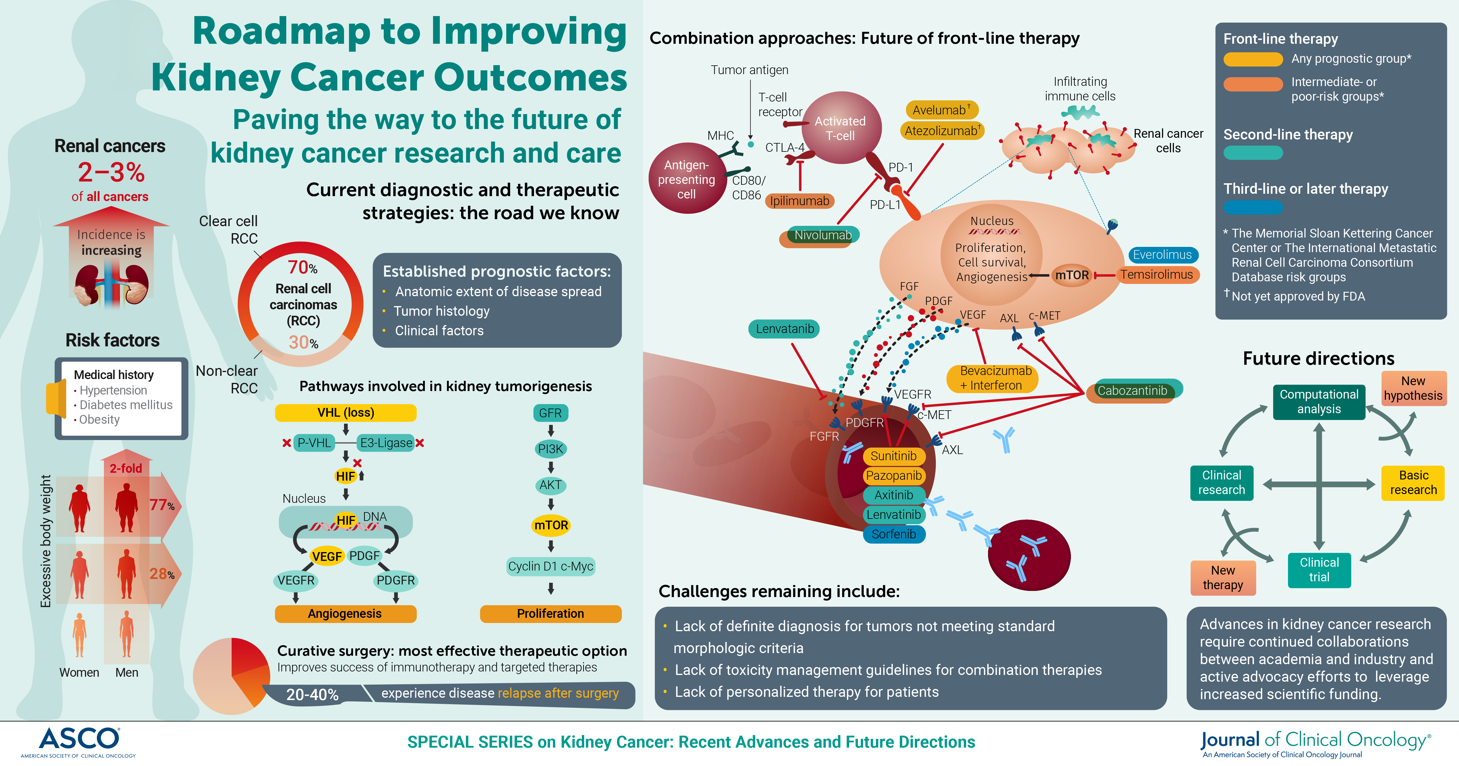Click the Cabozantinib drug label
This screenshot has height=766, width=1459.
click(x=1132, y=390)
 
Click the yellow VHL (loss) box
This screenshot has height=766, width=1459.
click(x=345, y=412)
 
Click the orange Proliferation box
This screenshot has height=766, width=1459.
click(x=551, y=614)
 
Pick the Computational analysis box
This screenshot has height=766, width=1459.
click(x=1319, y=402)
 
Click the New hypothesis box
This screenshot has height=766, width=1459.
click(x=1414, y=388)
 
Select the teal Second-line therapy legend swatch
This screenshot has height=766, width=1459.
click(x=1253, y=153)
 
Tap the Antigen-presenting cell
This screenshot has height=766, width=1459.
click(x=686, y=179)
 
